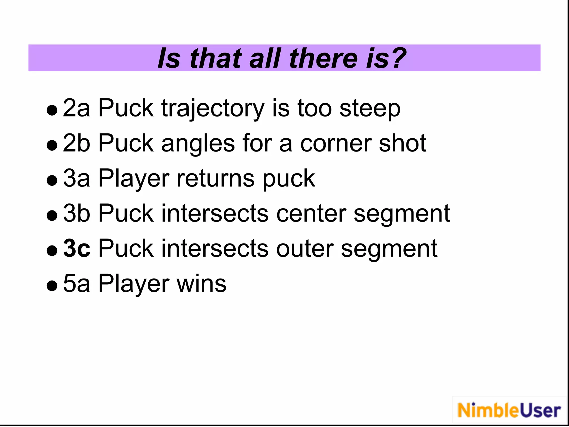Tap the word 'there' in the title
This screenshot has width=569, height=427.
click(x=323, y=58)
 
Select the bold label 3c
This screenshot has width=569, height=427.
click(x=77, y=248)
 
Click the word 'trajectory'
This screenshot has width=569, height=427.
click(x=213, y=109)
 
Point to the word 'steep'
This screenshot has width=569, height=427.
click(x=370, y=109)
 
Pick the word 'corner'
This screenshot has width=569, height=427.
click(x=336, y=143)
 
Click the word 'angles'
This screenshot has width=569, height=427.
click(x=198, y=144)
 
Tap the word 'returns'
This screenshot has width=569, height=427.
click(x=216, y=178)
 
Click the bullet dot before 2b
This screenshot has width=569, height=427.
click(x=52, y=145)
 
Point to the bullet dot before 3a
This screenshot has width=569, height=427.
click(x=52, y=180)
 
